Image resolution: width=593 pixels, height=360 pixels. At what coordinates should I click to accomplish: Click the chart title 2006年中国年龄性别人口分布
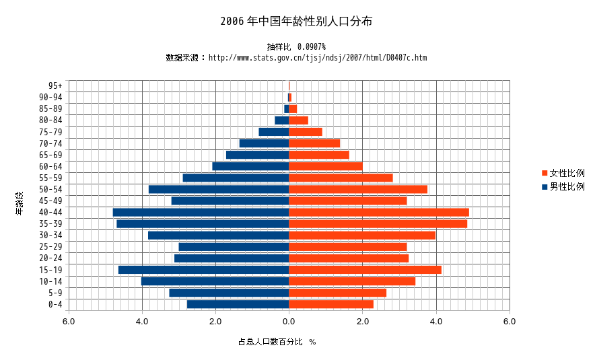tap(296, 22)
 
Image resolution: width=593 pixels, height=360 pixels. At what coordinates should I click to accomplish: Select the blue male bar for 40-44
tap(201, 212)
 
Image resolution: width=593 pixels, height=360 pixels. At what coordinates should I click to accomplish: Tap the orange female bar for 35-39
tap(378, 223)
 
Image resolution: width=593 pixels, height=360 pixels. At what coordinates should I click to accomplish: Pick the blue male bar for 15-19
tap(203, 270)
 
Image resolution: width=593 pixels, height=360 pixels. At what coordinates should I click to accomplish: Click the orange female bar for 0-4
tap(331, 304)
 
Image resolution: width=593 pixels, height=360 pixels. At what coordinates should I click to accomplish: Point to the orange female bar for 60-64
tap(326, 166)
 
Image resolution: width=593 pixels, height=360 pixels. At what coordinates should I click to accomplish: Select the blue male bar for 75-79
tap(273, 132)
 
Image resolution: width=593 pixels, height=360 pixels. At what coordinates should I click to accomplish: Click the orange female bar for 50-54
tap(358, 189)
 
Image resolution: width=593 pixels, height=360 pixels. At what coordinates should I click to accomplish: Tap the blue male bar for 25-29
tap(234, 247)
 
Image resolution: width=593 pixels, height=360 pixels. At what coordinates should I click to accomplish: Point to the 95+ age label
tap(55, 85)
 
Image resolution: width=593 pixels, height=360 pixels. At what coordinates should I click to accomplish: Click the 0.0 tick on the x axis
tap(289, 322)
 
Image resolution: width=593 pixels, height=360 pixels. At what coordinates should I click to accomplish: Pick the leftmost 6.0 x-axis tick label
tap(69, 322)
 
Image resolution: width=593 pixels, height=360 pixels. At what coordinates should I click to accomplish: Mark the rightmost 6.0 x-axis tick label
tap(510, 322)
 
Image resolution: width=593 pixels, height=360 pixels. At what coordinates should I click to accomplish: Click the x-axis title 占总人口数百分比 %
tap(277, 342)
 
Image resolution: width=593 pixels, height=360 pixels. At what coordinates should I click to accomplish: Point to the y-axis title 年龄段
tap(20, 204)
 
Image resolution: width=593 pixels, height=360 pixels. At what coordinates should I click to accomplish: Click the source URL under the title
tap(317, 58)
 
